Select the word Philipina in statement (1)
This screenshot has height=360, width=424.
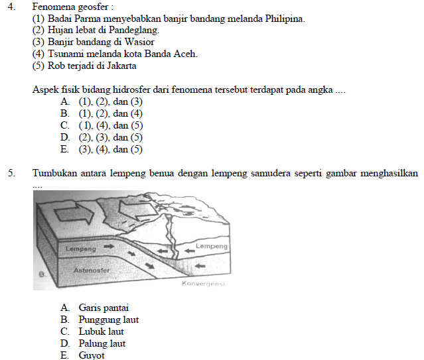pos(285,19)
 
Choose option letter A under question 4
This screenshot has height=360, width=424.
pos(64,102)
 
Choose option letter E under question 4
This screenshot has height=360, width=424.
pos(64,150)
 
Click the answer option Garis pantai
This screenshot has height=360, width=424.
pos(104,308)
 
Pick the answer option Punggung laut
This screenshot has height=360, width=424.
pos(108,320)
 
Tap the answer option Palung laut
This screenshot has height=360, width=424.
pos(102,343)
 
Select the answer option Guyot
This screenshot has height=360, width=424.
pos(92,355)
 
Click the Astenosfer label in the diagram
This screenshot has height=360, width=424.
pos(86,271)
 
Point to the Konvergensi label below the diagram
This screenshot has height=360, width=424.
pos(203,284)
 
